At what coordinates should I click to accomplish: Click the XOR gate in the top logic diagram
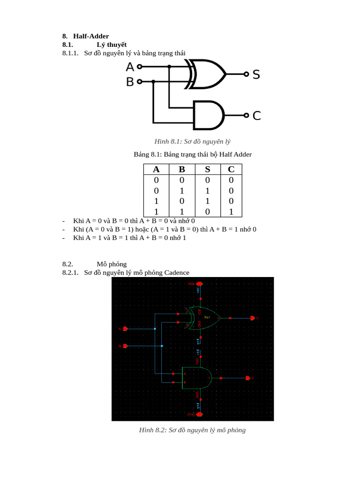[206, 74]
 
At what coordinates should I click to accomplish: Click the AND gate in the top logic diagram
[208, 115]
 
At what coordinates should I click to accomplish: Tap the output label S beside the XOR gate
[256, 74]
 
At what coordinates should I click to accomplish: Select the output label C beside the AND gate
[256, 115]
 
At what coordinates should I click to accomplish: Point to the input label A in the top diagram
[130, 67]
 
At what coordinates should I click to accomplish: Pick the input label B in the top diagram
[130, 82]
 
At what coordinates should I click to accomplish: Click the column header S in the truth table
[207, 169]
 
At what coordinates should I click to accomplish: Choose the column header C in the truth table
[231, 169]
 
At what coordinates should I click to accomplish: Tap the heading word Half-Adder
[91, 36]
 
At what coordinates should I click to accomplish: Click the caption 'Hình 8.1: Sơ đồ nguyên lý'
[192, 141]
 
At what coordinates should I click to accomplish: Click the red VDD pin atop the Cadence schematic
[199, 284]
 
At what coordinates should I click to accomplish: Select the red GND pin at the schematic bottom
[199, 414]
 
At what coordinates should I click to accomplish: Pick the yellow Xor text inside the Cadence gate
[207, 317]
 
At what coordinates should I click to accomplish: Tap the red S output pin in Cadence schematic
[253, 318]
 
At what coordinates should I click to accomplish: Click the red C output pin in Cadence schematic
[248, 378]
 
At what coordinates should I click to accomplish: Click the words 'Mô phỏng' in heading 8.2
[112, 264]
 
